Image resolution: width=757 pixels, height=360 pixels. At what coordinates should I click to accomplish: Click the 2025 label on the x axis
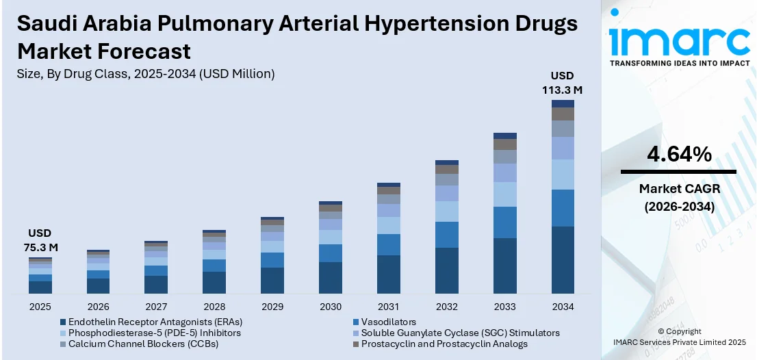click(x=40, y=307)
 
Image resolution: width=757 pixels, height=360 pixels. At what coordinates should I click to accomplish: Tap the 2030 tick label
click(x=331, y=307)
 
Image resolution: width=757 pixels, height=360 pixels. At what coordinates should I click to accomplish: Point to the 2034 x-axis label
click(x=563, y=307)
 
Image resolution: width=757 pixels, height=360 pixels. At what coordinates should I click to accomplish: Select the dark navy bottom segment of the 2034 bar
click(x=563, y=259)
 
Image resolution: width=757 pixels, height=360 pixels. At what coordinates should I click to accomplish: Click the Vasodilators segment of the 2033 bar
click(x=505, y=222)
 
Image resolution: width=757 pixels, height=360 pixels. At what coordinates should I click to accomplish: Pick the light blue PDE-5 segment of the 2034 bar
click(x=563, y=175)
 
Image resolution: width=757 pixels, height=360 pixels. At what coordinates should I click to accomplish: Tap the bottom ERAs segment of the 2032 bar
click(x=446, y=271)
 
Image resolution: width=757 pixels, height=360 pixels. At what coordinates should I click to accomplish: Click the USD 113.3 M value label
click(x=563, y=83)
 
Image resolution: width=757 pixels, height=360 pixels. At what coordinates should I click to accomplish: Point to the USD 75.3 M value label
click(x=40, y=240)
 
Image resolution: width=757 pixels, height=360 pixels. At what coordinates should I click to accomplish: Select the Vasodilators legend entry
click(x=384, y=322)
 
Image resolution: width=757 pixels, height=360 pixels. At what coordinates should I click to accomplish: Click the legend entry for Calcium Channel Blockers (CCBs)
click(x=140, y=344)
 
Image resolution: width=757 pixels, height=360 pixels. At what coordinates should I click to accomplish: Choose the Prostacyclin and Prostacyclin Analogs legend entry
click(x=440, y=344)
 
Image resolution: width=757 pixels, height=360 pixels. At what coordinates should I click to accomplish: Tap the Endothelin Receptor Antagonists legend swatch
click(x=63, y=322)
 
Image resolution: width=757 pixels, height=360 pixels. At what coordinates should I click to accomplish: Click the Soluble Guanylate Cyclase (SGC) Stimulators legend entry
click(x=457, y=333)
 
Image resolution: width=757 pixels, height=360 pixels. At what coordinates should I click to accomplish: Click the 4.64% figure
click(x=678, y=155)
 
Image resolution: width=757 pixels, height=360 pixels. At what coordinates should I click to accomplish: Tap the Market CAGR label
click(x=679, y=189)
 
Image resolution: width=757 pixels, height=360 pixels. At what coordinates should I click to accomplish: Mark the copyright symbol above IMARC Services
click(x=663, y=331)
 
